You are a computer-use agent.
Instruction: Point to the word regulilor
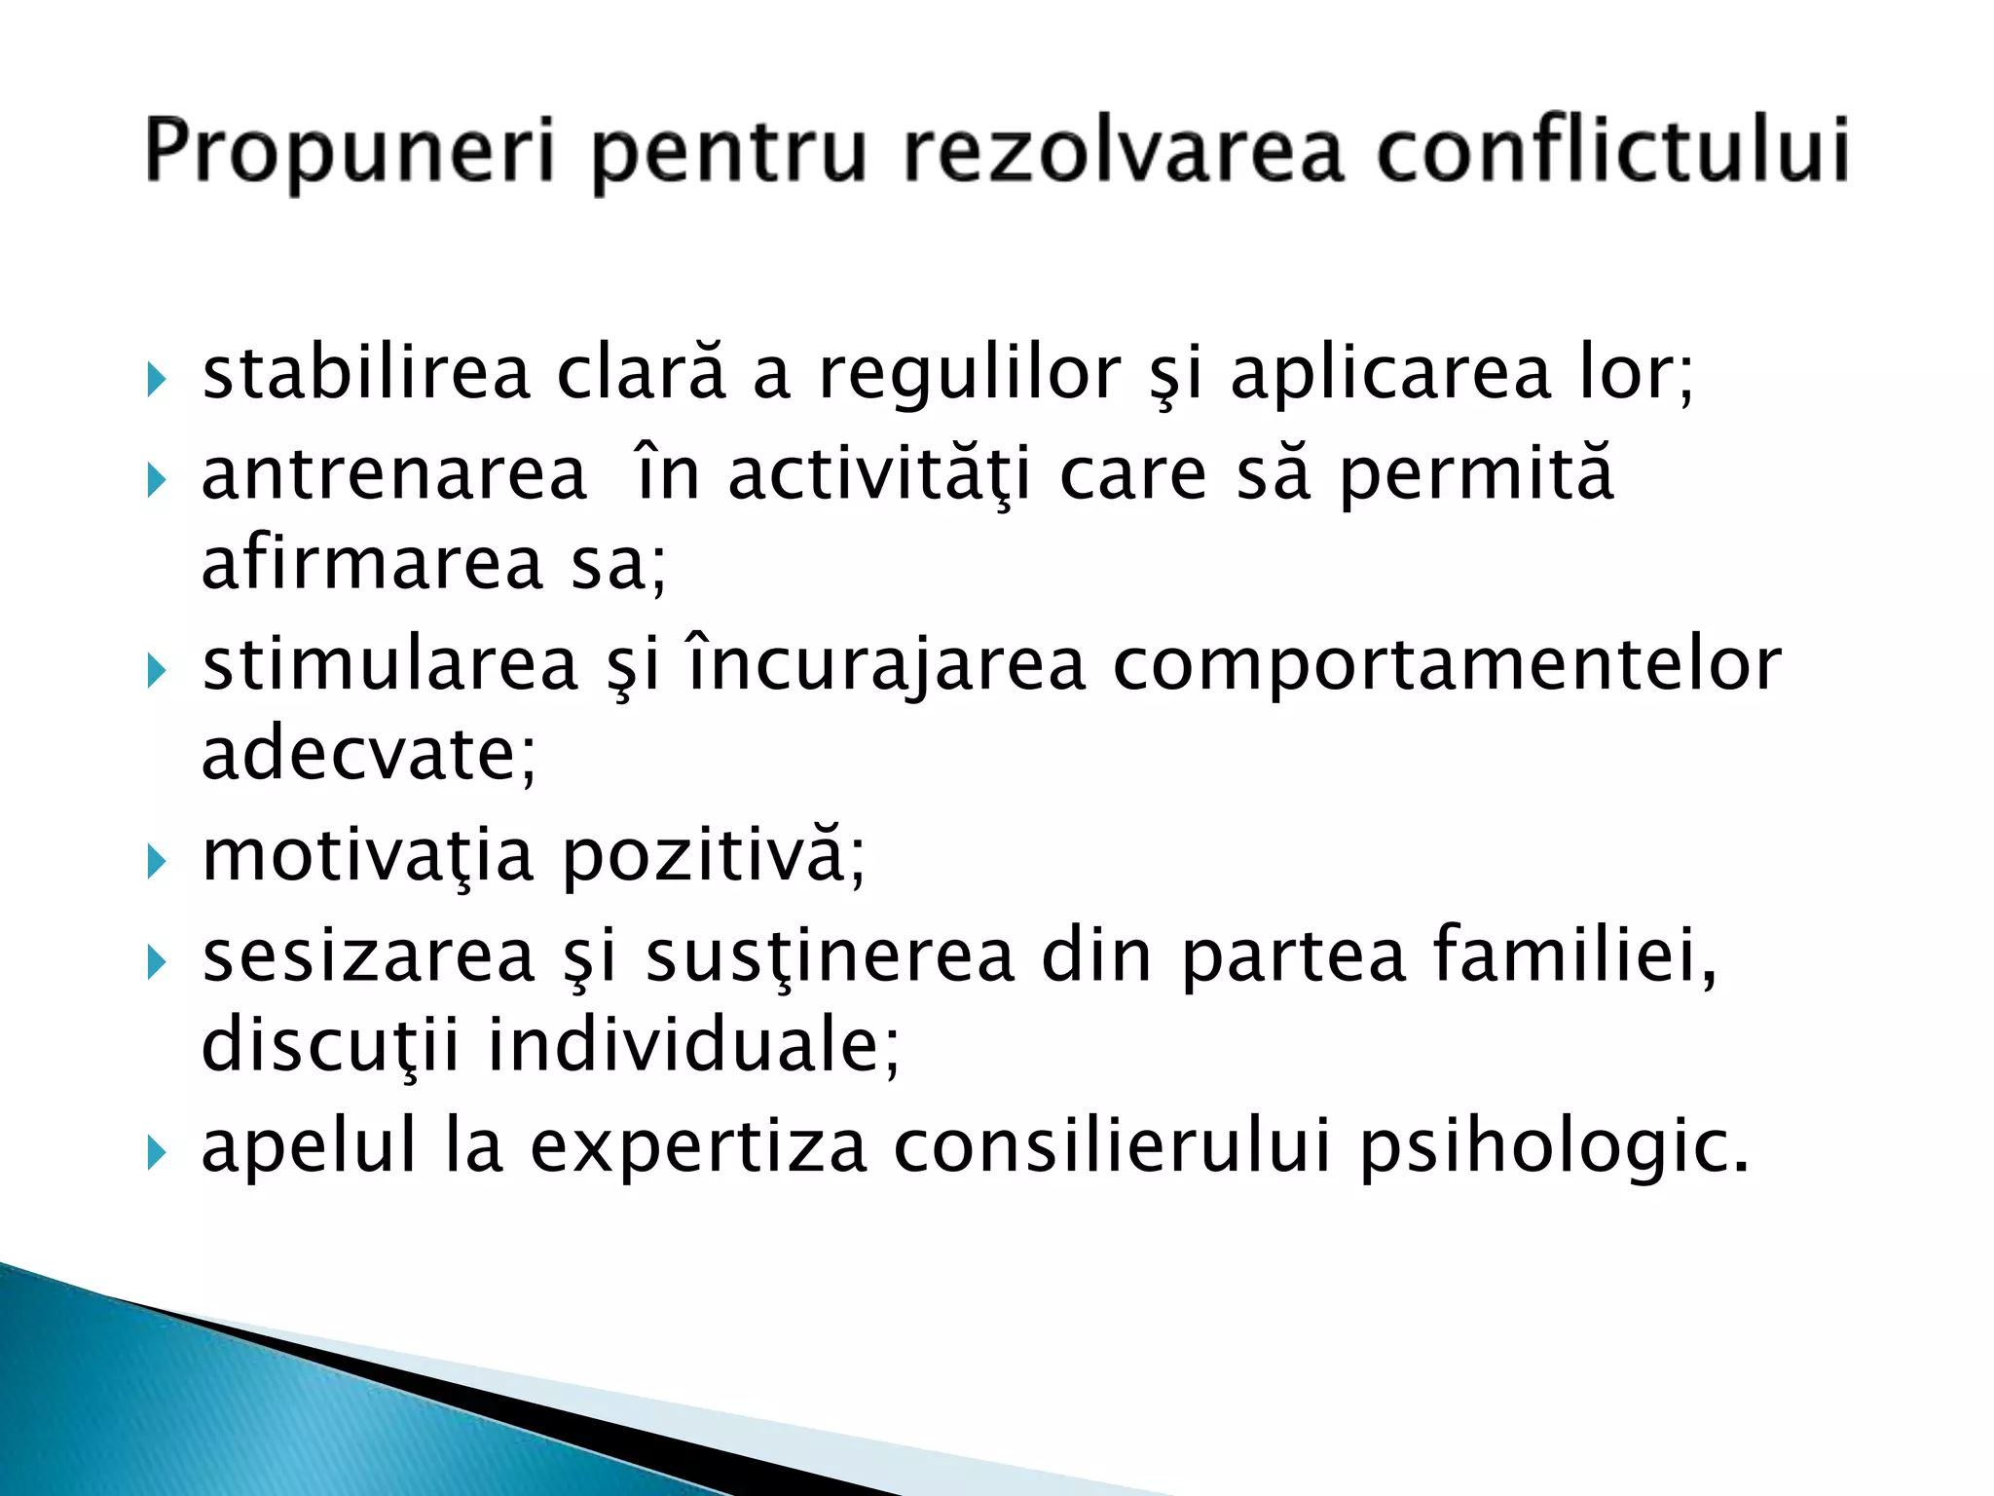point(970,375)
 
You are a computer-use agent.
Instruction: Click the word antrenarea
point(394,474)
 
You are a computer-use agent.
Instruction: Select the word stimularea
point(390,665)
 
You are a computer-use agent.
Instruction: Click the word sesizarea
point(369,956)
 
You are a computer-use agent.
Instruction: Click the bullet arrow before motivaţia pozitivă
point(157,861)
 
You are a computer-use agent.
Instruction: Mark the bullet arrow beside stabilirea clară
point(157,378)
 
